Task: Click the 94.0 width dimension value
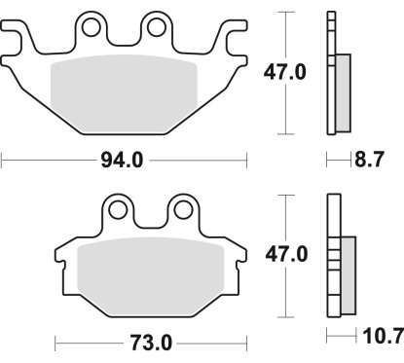click(123, 159)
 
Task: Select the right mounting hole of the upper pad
click(155, 26)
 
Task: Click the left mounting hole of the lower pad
click(119, 207)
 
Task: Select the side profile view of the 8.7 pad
click(338, 73)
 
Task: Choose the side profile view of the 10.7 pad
click(338, 255)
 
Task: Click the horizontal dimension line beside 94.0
click(49, 159)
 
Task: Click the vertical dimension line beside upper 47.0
click(283, 107)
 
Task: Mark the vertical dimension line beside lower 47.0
click(283, 292)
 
